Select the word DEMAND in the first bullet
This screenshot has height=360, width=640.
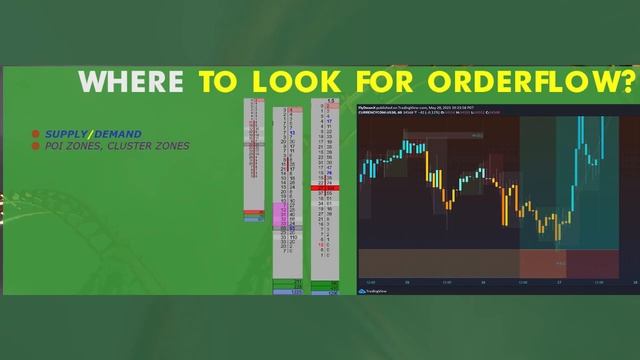coord(117,134)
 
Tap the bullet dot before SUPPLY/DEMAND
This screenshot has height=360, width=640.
coord(36,134)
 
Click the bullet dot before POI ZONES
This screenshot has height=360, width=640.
coord(36,146)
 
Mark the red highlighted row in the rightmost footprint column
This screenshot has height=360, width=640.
coord(325,187)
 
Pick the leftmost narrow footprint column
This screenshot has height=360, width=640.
coord(255,160)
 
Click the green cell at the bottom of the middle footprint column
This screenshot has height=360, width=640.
coord(287,288)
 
